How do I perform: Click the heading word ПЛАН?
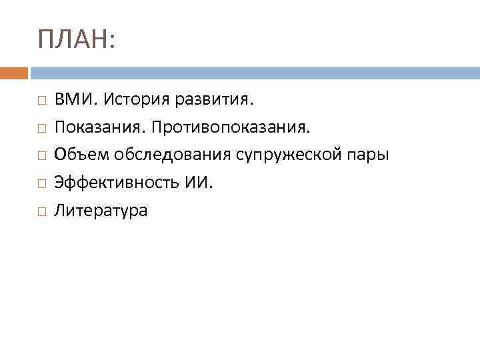pos(77,41)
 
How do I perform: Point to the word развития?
pos(215,100)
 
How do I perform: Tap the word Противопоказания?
pos(228,127)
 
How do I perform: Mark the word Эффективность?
pos(114,183)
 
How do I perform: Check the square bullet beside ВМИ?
pos(41,101)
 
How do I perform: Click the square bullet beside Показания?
pos(41,128)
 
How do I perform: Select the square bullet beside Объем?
pos(41,156)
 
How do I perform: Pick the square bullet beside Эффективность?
pos(41,184)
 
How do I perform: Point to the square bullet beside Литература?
pos(41,212)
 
